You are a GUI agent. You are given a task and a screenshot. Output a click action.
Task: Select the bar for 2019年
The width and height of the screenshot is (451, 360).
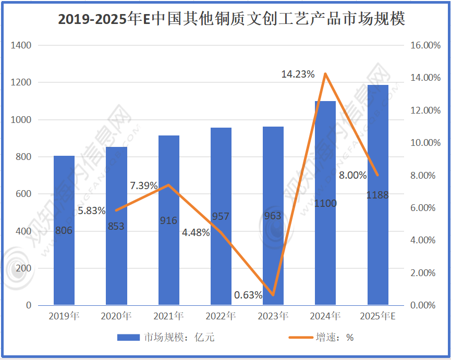click(64, 230)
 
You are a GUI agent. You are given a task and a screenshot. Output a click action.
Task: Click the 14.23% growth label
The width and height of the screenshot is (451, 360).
click(298, 75)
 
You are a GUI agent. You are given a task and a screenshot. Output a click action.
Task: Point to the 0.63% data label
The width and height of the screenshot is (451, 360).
click(248, 295)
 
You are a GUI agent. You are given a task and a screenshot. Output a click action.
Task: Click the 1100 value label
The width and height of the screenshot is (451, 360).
click(325, 203)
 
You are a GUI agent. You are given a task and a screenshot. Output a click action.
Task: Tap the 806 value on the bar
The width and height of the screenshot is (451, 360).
click(64, 230)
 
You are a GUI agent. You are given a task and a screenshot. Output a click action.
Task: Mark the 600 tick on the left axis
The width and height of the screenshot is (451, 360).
click(24, 194)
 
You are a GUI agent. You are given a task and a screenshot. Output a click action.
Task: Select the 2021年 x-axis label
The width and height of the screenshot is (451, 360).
click(168, 316)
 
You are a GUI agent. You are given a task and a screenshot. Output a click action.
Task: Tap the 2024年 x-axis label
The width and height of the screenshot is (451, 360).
click(325, 316)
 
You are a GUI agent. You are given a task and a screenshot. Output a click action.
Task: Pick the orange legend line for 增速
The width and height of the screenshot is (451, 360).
click(300, 337)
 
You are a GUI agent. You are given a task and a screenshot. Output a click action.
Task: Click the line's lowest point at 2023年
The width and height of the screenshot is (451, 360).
click(273, 295)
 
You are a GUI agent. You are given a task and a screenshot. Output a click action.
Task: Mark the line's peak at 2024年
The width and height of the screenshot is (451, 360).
click(325, 73)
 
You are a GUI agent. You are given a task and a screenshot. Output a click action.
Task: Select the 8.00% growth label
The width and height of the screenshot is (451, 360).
click(352, 175)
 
